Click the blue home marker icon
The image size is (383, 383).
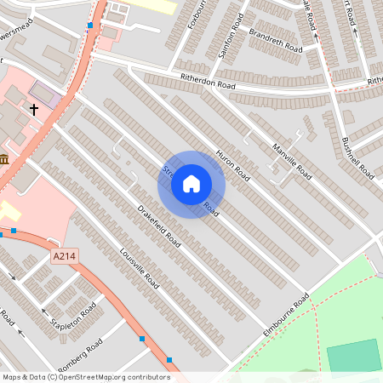191,184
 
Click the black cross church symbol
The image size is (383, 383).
35,110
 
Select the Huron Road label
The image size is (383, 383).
232,165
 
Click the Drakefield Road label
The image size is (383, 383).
160,228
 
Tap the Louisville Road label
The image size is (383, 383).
140,266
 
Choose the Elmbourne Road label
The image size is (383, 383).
286,314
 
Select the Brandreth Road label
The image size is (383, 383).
275,38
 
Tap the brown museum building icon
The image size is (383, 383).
5,159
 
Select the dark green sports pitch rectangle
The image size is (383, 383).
354,355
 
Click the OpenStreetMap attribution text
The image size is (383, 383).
86,377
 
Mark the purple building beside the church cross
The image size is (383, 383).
45,94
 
